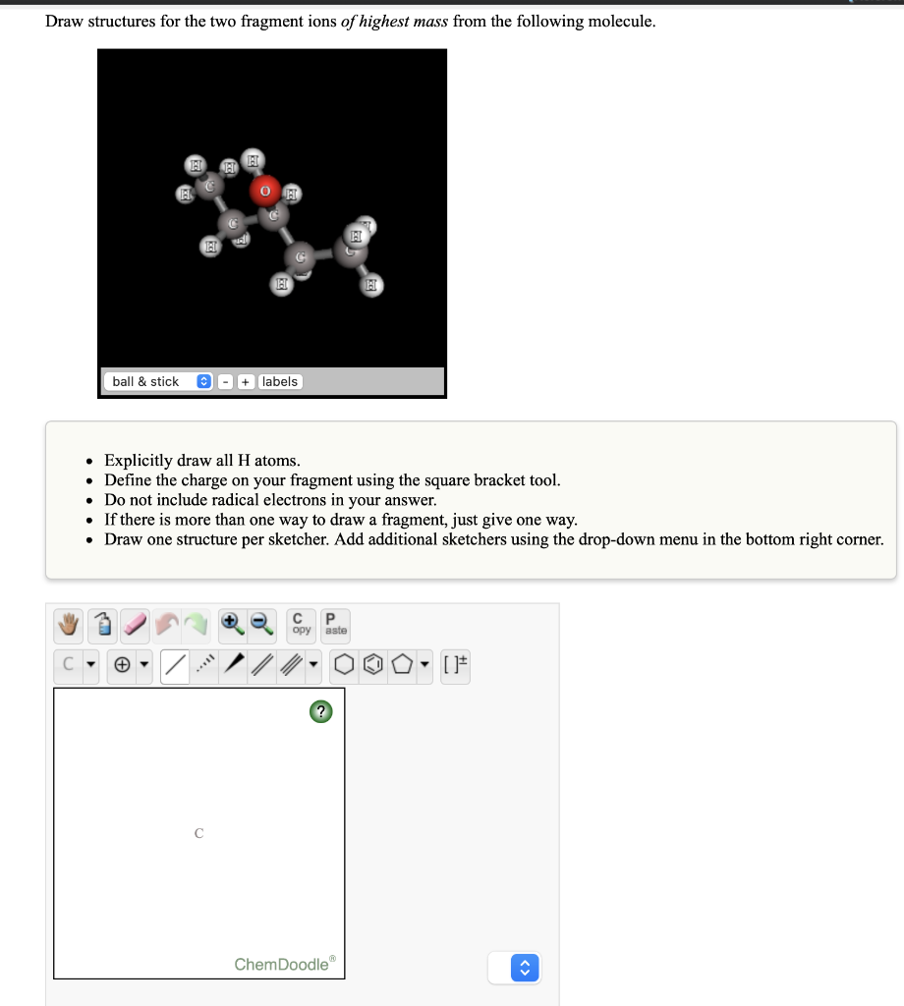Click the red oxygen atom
(264, 191)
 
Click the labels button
(280, 381)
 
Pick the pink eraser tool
(136, 624)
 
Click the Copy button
(301, 624)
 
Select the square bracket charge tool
(455, 667)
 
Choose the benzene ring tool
(373, 667)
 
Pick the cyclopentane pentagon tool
(403, 667)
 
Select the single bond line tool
(175, 667)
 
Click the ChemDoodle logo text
(283, 964)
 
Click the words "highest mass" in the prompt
(404, 21)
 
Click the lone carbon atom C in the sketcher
(198, 833)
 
